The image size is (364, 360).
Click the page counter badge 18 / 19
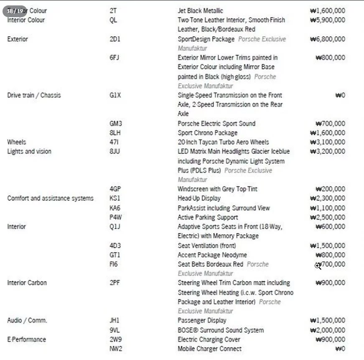pyautogui.click(x=15, y=11)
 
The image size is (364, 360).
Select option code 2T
pyautogui.click(x=113, y=11)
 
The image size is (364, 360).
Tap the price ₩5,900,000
pyautogui.click(x=328, y=20)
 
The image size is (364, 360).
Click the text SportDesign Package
pyautogui.click(x=206, y=39)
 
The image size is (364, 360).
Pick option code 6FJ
pyautogui.click(x=114, y=58)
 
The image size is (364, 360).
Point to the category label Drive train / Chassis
pyautogui.click(x=34, y=95)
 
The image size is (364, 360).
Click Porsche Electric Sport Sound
pyautogui.click(x=216, y=124)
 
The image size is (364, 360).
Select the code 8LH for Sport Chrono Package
pyautogui.click(x=115, y=133)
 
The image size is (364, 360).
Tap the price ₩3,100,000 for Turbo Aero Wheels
pyautogui.click(x=328, y=142)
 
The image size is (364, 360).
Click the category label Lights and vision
pyautogui.click(x=29, y=151)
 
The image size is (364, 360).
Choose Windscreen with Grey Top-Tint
pyautogui.click(x=217, y=189)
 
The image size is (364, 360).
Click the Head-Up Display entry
pyautogui.click(x=199, y=198)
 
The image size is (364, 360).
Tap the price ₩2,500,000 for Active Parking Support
pyautogui.click(x=328, y=217)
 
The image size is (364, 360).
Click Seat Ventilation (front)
pyautogui.click(x=207, y=246)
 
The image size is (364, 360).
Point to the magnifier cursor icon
pyautogui.click(x=318, y=266)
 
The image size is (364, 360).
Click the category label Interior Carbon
pyautogui.click(x=27, y=283)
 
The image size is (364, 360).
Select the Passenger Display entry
pyautogui.click(x=202, y=321)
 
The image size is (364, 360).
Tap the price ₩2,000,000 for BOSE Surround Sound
pyautogui.click(x=328, y=330)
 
